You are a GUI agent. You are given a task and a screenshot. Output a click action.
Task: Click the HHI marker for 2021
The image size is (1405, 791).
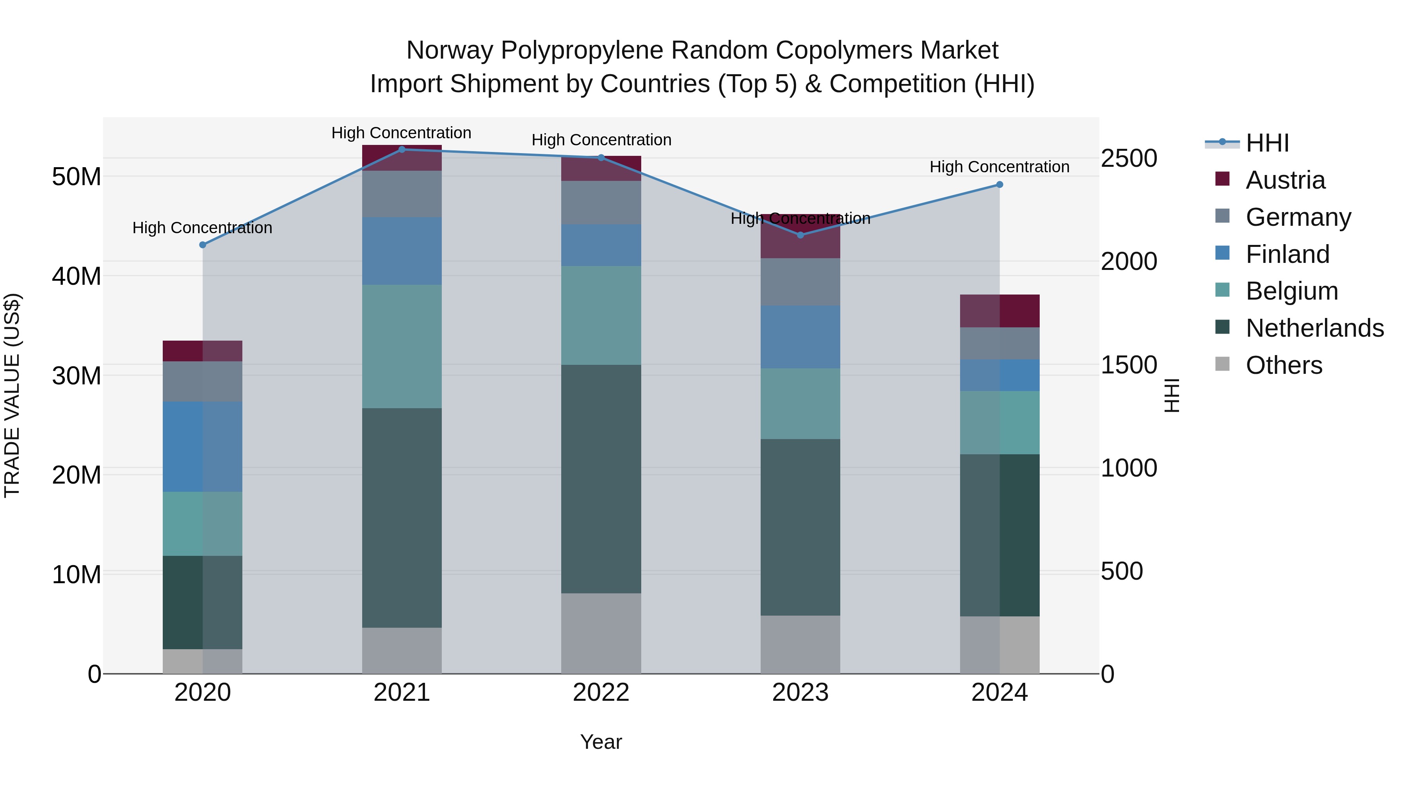[402, 150]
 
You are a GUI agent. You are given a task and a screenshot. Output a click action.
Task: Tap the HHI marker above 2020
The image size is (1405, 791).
[202, 245]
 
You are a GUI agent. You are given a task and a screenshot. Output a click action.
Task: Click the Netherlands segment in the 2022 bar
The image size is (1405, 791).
[601, 479]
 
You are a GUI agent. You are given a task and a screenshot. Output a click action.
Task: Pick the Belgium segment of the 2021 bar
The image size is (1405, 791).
[402, 346]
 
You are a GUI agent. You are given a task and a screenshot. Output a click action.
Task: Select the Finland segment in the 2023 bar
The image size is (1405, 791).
[800, 337]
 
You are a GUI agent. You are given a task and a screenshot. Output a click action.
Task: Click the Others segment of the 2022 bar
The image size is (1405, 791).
[601, 633]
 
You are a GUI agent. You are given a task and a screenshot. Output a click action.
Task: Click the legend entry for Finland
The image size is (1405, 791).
[1287, 254]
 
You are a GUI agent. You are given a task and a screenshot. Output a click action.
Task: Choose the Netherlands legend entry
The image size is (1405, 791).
[1314, 329]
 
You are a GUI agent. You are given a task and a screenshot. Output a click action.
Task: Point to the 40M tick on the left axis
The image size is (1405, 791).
[76, 276]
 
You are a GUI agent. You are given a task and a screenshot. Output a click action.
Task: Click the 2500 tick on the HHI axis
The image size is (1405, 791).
[1128, 158]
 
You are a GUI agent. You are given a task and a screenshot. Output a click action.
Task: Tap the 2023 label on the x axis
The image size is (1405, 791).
[800, 693]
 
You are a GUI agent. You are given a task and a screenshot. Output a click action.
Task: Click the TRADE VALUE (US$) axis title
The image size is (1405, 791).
[12, 395]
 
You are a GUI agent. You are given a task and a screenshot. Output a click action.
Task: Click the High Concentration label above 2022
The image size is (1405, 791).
[601, 140]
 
